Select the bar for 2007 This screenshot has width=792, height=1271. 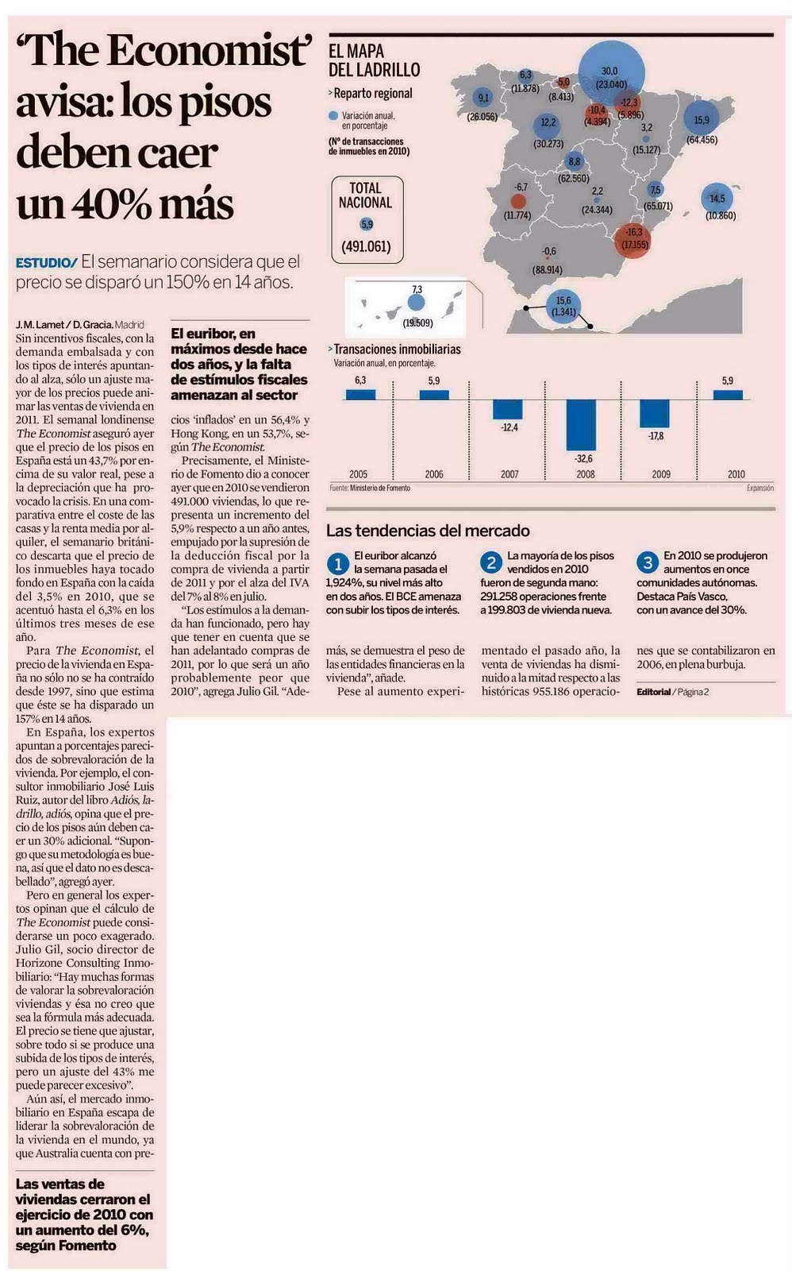[508, 409]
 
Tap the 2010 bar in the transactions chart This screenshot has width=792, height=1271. [728, 395]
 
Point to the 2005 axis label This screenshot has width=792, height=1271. [358, 474]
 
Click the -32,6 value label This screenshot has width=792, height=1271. [585, 459]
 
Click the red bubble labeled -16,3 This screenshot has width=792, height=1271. [633, 238]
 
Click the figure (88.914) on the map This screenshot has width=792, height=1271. [548, 270]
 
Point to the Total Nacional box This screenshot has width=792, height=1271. [366, 218]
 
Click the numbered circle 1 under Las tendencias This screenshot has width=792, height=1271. [338, 564]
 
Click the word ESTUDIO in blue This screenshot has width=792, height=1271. [45, 263]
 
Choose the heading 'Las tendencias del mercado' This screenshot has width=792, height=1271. [428, 531]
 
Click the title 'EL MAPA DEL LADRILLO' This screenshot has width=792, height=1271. [374, 60]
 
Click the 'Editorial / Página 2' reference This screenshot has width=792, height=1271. [672, 692]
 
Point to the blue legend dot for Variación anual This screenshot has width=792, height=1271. [333, 116]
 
